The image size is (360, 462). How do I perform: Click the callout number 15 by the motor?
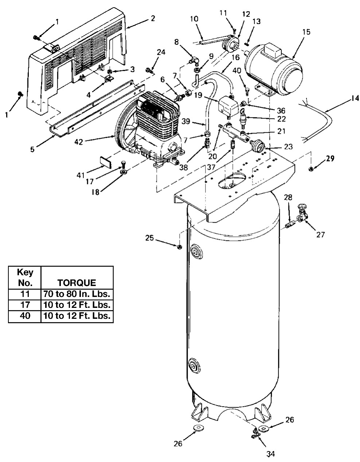[306, 32]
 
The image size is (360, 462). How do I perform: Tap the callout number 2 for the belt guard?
[153, 18]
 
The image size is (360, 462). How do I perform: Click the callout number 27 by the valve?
[320, 235]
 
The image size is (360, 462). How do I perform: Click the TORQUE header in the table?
[77, 282]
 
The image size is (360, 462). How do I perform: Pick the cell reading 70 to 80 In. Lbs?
[77, 294]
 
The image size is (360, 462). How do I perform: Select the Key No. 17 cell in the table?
[25, 305]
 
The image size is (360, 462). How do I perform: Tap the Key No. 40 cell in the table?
[25, 316]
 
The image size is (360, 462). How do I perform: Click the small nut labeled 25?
[179, 247]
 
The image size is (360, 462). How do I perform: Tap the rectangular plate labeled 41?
[105, 161]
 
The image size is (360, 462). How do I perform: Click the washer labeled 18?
[124, 171]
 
